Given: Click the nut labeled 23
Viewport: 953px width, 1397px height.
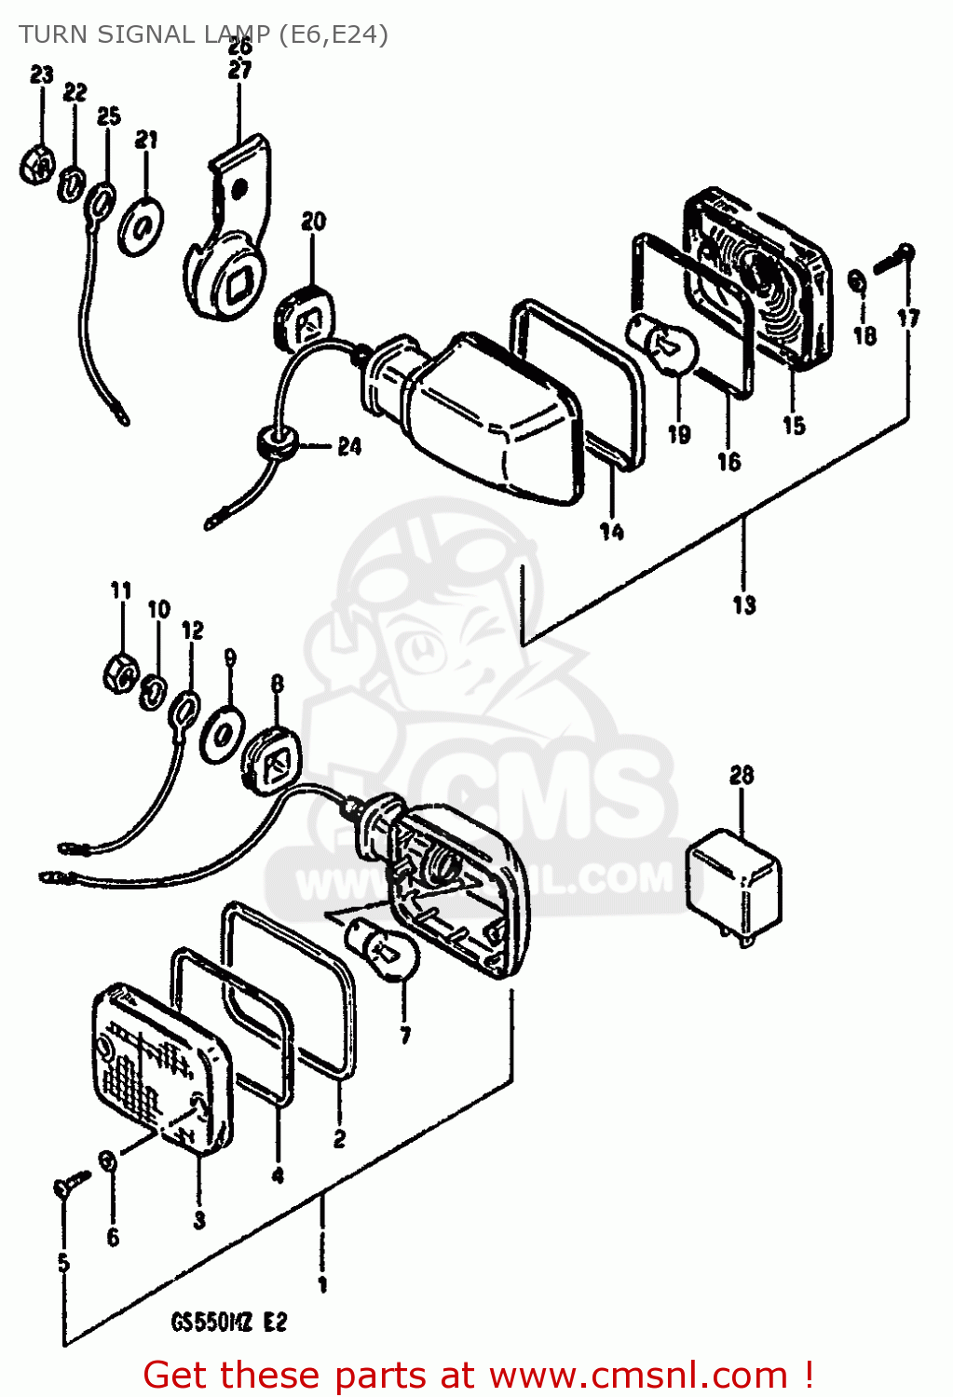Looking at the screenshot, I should tap(36, 166).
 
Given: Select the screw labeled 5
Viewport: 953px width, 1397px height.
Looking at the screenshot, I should tap(69, 1185).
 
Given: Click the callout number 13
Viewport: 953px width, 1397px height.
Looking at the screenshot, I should tap(743, 604).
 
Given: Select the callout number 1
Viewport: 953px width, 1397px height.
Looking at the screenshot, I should tap(322, 1285).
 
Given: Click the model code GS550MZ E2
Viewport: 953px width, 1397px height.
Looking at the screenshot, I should tap(229, 1322).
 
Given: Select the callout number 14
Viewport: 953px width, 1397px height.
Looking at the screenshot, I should tap(611, 532).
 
